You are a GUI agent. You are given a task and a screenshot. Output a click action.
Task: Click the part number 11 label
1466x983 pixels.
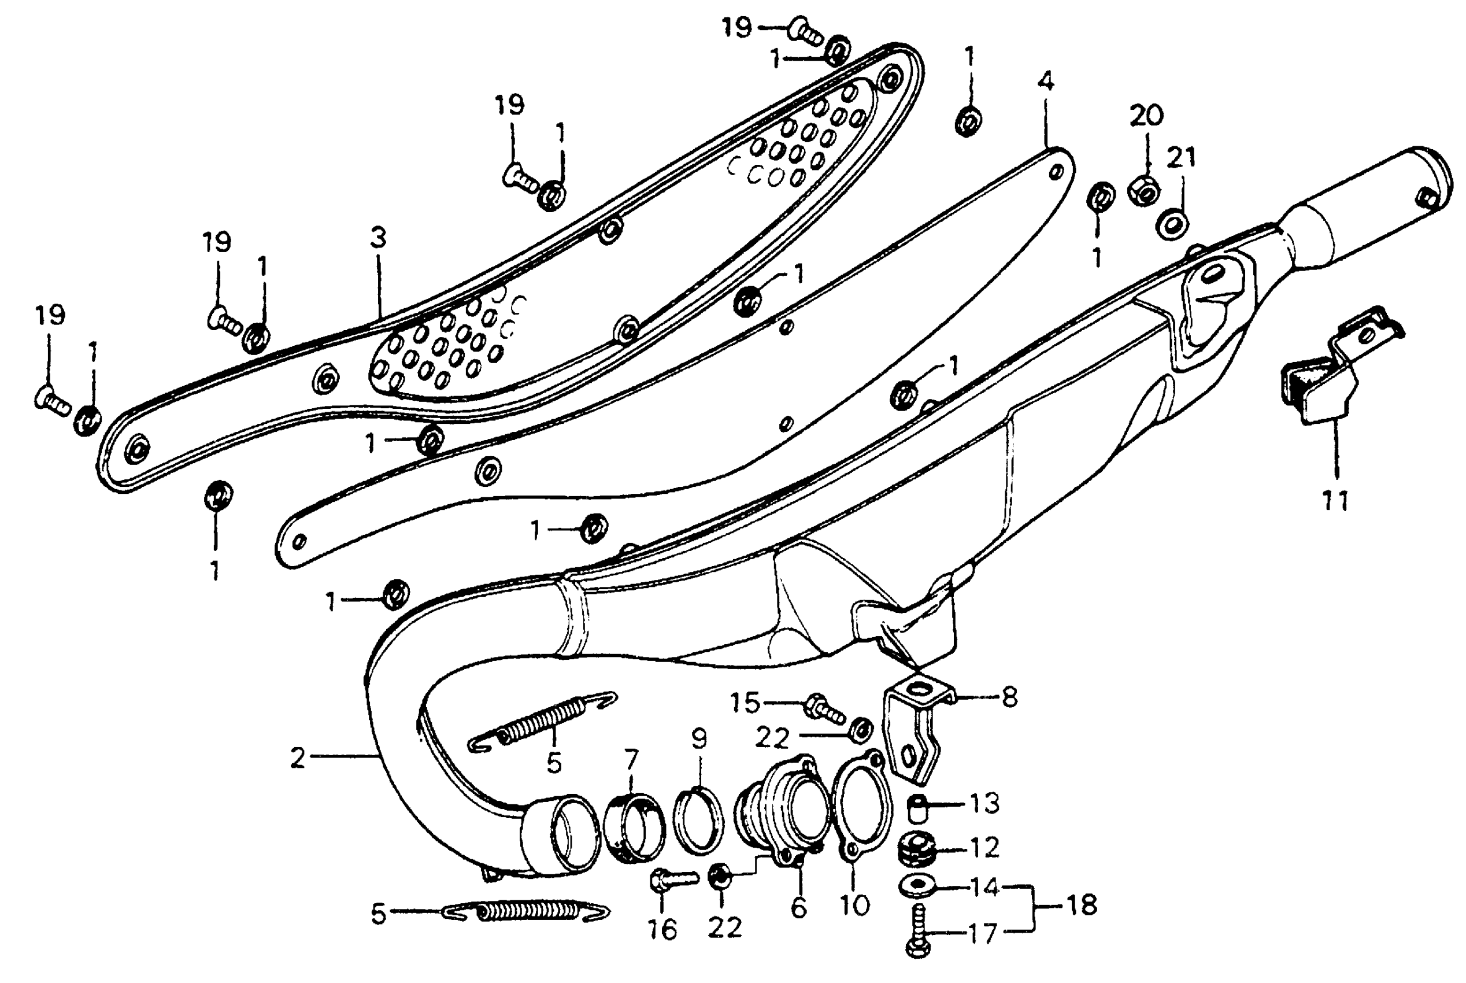pyautogui.click(x=1335, y=501)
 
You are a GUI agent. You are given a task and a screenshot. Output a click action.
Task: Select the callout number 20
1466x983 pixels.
pyautogui.click(x=1146, y=115)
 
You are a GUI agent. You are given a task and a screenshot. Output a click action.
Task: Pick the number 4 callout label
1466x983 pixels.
pyautogui.click(x=1045, y=82)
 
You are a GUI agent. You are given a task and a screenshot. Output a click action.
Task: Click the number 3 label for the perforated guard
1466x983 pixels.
pyautogui.click(x=378, y=238)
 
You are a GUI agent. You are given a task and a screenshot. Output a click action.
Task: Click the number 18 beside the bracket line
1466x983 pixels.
pyautogui.click(x=1081, y=906)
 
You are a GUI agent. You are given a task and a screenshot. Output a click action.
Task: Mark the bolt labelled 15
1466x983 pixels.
pyautogui.click(x=824, y=708)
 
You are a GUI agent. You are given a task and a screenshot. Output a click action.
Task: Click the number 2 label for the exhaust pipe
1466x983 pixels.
pyautogui.click(x=298, y=758)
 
